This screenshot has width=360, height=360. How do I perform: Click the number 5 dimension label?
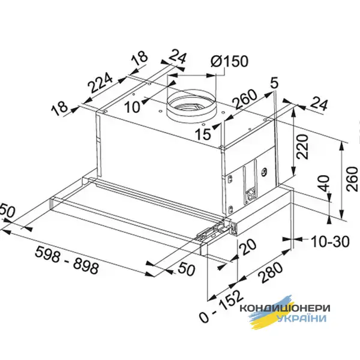pos(274,83)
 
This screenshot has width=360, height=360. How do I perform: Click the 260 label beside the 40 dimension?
pos(350,177)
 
